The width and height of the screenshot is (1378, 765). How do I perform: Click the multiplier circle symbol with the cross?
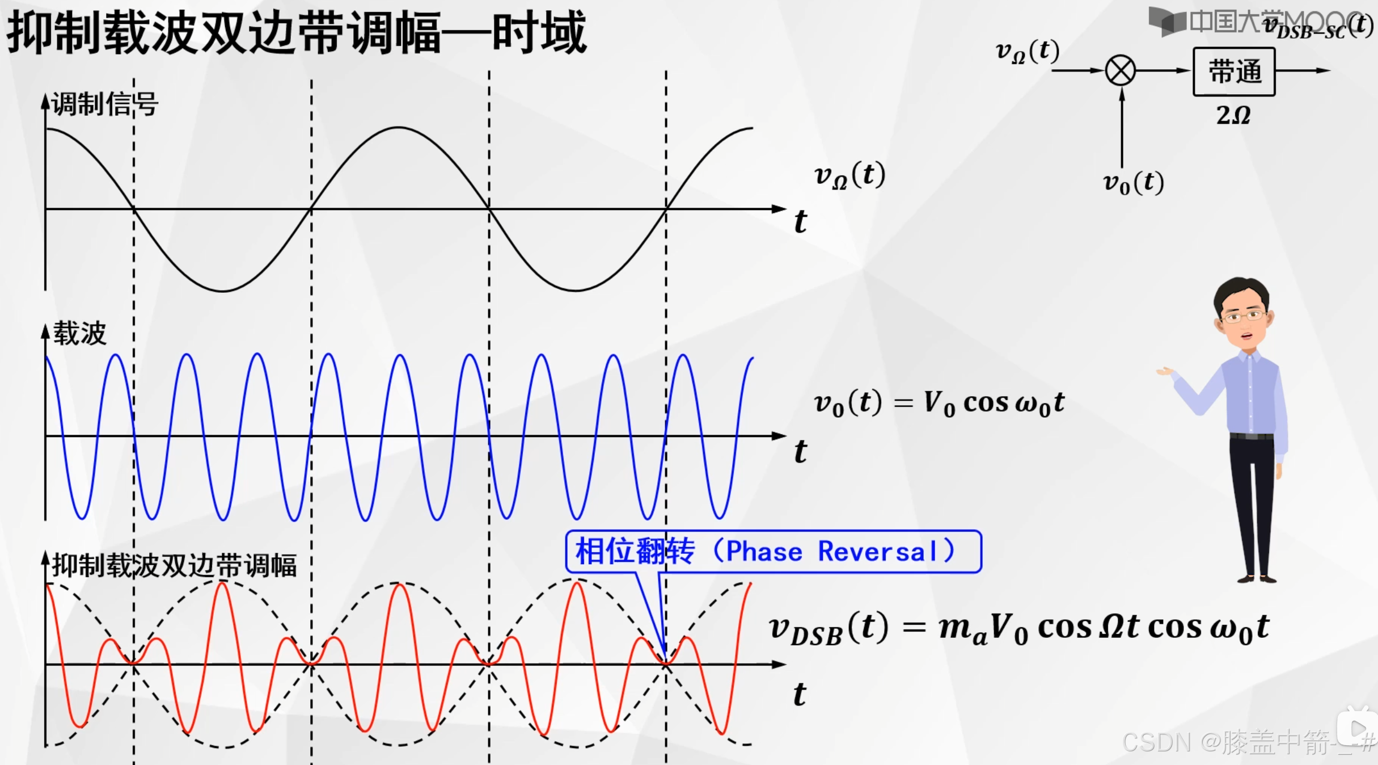point(1121,71)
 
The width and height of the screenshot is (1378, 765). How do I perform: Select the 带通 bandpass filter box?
point(1234,72)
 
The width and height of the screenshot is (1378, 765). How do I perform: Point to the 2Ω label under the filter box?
point(1233,115)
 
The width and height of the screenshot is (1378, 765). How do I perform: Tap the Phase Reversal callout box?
point(773,551)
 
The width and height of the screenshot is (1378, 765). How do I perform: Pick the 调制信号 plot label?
point(104,104)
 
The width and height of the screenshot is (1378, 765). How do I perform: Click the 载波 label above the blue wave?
point(79,333)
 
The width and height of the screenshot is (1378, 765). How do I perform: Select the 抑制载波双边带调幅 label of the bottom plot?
point(174,565)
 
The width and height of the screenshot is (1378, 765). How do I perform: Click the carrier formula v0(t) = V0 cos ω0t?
point(939,403)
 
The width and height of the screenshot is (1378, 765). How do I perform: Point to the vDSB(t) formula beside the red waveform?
point(1018,628)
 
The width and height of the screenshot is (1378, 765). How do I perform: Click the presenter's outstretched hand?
point(1165,371)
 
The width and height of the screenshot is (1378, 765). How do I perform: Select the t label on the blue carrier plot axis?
point(800,452)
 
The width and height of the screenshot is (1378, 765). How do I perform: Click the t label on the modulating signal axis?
point(800,221)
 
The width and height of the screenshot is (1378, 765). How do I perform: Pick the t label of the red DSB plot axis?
point(800,694)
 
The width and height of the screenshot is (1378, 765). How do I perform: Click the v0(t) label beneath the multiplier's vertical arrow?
point(1133,183)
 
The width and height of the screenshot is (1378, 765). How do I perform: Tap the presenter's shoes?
point(1257,579)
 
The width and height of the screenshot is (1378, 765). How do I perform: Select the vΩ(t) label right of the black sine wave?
point(849,175)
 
